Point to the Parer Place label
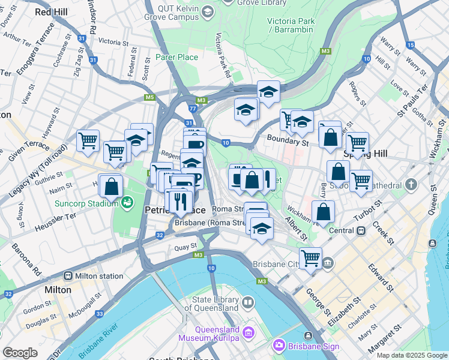pos(176,57)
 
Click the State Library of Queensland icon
pos(247,302)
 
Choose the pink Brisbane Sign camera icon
pos(278,346)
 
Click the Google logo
pos(20,352)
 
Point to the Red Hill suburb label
pos(52,11)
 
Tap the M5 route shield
pos(149,97)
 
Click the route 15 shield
pos(410,45)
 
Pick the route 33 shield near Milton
pos(99,314)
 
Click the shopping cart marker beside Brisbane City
pos(310,258)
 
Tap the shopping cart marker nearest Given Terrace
pos(88,140)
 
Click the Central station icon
pos(361,230)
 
